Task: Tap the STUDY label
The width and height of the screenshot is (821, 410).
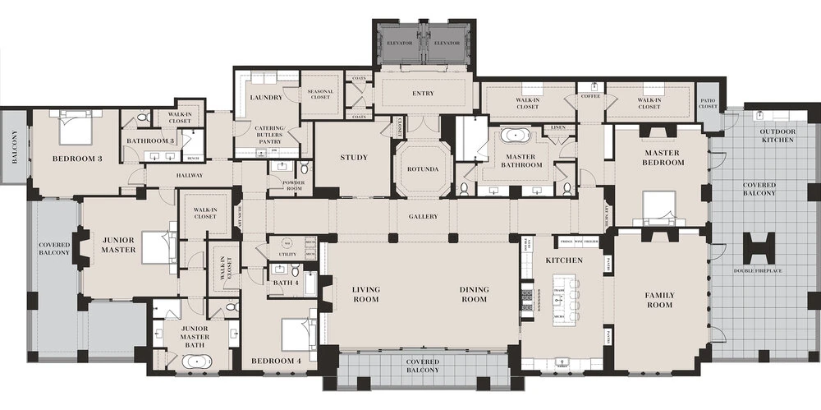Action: (x=354, y=157)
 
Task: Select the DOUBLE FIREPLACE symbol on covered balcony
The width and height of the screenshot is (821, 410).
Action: (x=759, y=247)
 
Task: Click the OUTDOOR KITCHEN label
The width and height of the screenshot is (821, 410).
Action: (x=777, y=136)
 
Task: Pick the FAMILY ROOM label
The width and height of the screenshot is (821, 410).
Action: (x=659, y=300)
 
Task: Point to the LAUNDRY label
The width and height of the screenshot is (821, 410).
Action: (x=266, y=97)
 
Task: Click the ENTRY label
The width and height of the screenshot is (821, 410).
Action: (x=423, y=94)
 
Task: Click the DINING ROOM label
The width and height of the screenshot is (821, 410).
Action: (x=474, y=294)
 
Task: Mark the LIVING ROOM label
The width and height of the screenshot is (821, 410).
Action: (x=365, y=294)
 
